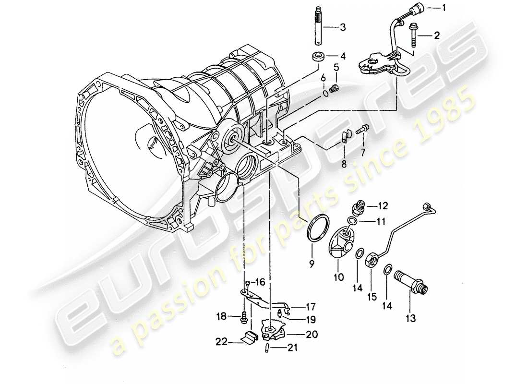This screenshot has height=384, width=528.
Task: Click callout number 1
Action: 444,7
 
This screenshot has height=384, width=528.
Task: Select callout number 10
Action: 338,276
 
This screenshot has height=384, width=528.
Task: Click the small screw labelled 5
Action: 336,87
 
